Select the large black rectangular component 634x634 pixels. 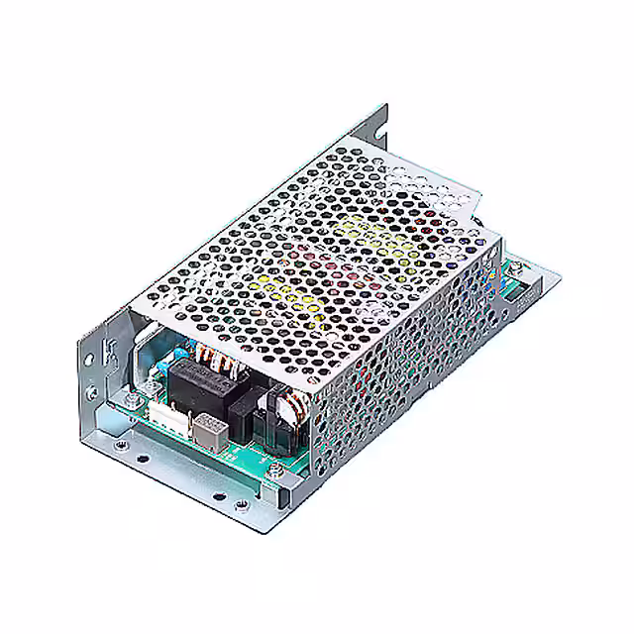pos(194,381)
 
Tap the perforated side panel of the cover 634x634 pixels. pos(396,376)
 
